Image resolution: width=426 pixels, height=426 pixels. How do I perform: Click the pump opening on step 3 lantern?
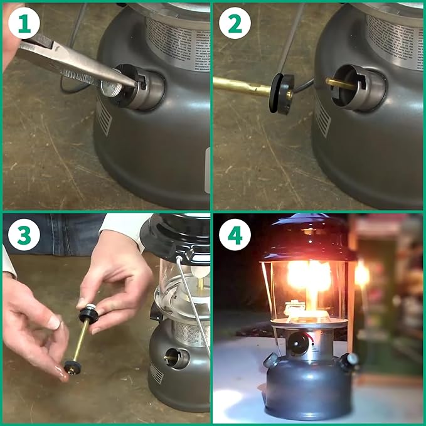pos(176,358)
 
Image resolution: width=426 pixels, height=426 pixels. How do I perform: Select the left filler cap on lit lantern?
pos(272,361)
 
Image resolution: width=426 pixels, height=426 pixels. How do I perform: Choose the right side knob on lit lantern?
pos(349,361)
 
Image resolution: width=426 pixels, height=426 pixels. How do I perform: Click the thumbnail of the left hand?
pos(55,322)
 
